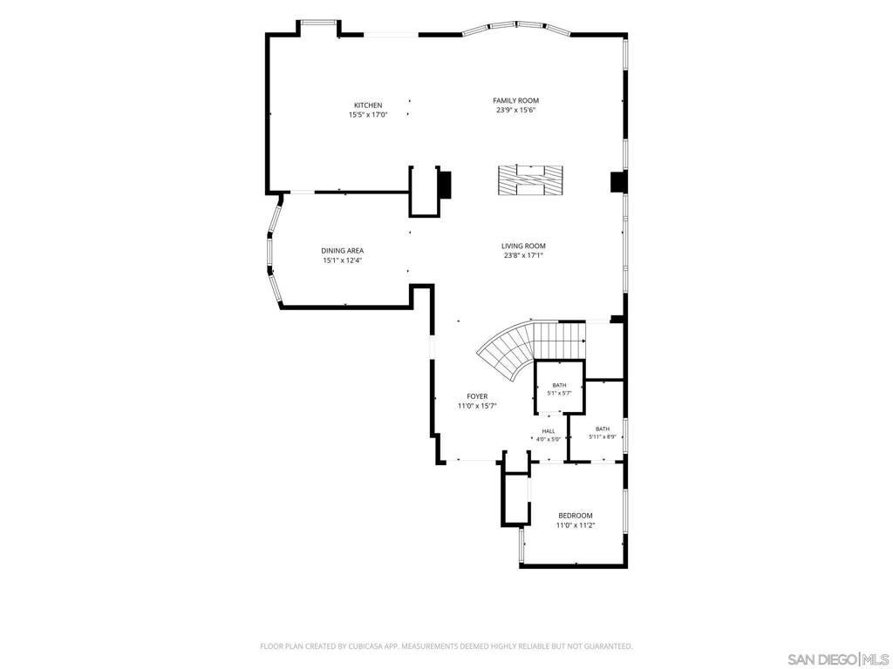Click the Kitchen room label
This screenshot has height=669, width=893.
coord(368,105)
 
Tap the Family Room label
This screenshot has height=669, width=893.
coord(516,101)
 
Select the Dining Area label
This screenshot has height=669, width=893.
coord(342,251)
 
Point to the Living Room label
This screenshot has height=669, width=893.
coord(523,247)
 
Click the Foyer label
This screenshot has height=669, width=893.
coord(477,396)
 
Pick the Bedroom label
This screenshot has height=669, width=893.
coord(576,516)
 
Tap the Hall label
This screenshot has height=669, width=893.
coord(549,431)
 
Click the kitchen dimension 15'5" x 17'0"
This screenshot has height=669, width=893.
coord(368,115)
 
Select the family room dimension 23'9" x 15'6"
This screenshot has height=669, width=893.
coord(516,111)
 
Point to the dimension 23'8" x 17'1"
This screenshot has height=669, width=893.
coord(523,256)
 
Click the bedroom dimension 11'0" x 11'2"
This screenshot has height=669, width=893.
coord(576,525)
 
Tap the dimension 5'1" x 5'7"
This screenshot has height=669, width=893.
coord(559,393)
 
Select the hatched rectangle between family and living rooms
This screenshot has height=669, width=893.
coord(530,181)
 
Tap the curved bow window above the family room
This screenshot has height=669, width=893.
coord(516,26)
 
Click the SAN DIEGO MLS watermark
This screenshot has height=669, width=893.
coord(840,659)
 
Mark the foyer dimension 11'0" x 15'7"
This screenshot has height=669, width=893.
coord(477,406)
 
